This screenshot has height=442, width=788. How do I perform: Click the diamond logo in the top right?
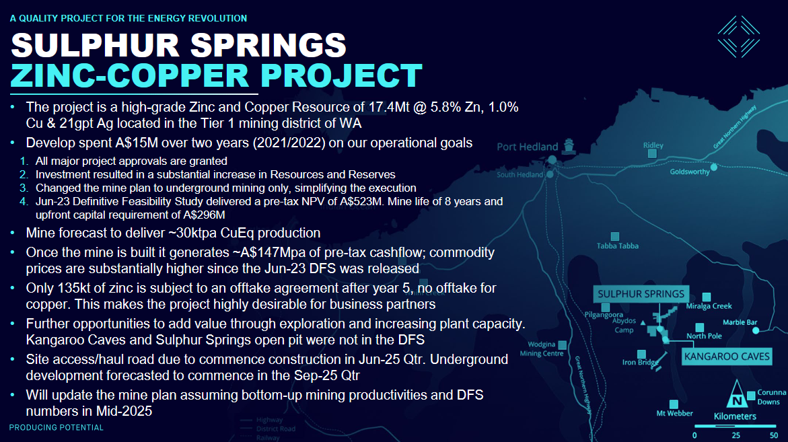[x=738, y=36]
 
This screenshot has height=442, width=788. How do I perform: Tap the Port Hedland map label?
[x=527, y=147]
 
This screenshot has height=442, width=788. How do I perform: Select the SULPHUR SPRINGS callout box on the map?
[x=641, y=294]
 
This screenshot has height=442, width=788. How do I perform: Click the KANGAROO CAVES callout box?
[x=727, y=356]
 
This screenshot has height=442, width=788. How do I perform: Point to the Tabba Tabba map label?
[x=618, y=246]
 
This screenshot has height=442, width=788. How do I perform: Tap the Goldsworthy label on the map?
[x=690, y=172]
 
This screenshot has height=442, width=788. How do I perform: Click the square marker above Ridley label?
[x=652, y=153]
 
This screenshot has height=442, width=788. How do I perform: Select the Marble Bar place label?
[x=740, y=322]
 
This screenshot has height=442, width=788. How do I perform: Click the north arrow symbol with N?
[x=736, y=394]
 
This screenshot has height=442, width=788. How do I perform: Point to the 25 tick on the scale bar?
[x=736, y=435]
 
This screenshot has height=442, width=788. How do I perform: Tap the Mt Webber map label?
[x=674, y=413]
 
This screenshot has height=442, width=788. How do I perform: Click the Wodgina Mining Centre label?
[x=541, y=348]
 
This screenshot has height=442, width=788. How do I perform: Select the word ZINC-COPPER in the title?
[x=130, y=76]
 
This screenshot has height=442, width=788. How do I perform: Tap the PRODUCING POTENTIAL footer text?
[x=57, y=427]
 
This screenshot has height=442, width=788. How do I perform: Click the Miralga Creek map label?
[x=709, y=306]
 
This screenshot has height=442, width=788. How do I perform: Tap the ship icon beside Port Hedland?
[x=569, y=145]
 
